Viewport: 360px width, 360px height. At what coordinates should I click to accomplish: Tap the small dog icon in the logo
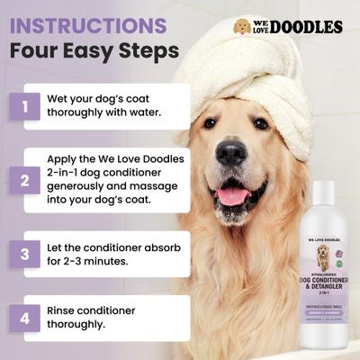241,26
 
